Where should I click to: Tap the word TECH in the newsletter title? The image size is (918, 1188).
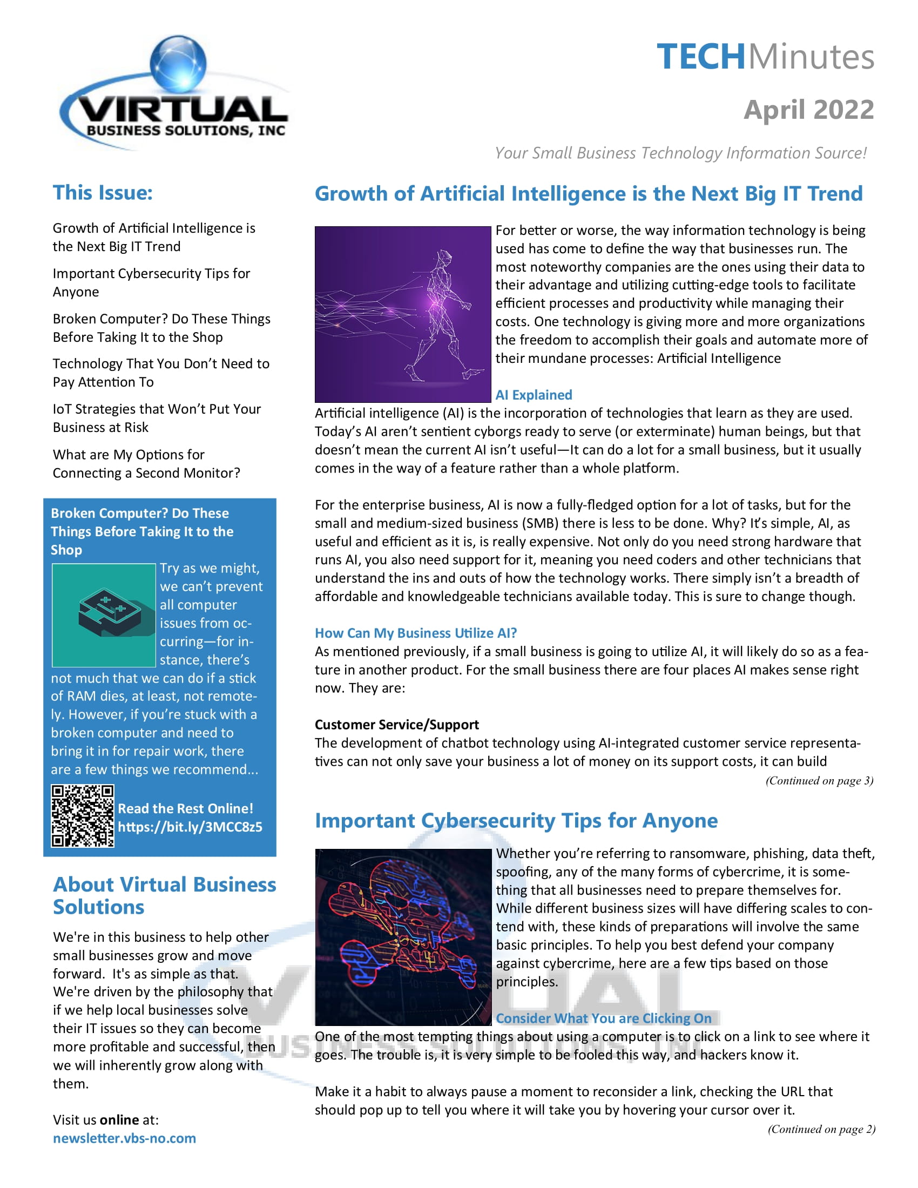[x=700, y=57]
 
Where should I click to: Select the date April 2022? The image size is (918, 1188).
[x=808, y=110]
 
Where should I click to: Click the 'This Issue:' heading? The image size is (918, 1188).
[x=103, y=193]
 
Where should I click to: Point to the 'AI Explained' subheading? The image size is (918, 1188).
[x=534, y=395]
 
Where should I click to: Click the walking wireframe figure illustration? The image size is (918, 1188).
[x=403, y=314]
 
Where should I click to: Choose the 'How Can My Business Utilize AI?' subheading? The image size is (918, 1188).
[x=415, y=633]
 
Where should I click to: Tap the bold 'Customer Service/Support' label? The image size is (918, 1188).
[x=396, y=725]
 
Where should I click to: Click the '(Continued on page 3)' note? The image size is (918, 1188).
[x=819, y=781]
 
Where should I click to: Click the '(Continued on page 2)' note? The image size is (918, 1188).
[x=821, y=1129]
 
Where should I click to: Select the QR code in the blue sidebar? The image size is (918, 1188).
[x=83, y=816]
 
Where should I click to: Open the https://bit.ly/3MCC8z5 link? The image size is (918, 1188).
[x=190, y=827]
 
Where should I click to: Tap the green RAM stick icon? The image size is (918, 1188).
[x=104, y=615]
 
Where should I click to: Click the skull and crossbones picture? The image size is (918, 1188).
[x=403, y=937]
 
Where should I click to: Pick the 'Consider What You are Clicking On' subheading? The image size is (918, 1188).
[x=603, y=1018]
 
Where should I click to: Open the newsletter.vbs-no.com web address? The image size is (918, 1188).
[x=124, y=1138]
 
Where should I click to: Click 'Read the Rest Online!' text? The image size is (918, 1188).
[x=185, y=808]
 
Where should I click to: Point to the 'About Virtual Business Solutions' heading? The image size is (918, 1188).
[x=164, y=895]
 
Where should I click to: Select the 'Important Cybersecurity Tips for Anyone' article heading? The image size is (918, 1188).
[x=516, y=820]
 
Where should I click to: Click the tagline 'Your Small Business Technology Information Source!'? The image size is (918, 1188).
[x=680, y=153]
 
